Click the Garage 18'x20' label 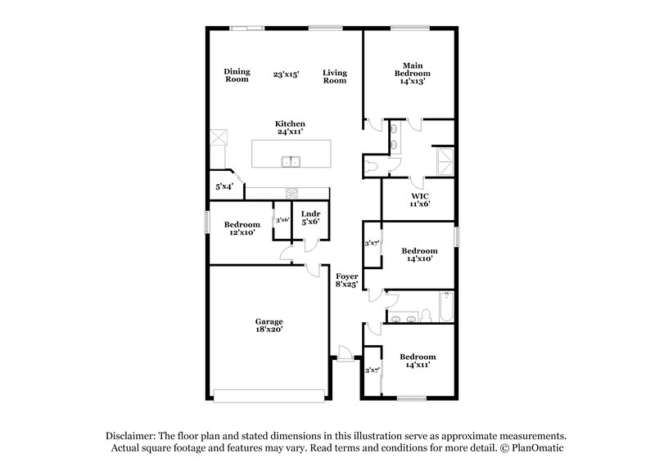(x=269, y=326)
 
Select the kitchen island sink (x=290, y=161)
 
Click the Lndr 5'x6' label (x=310, y=218)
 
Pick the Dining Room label (x=237, y=75)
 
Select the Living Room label (x=334, y=75)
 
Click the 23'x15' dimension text (x=286, y=74)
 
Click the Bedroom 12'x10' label (x=243, y=229)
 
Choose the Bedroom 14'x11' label (x=418, y=361)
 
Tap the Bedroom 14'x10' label (x=418, y=254)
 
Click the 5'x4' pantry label (x=224, y=187)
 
